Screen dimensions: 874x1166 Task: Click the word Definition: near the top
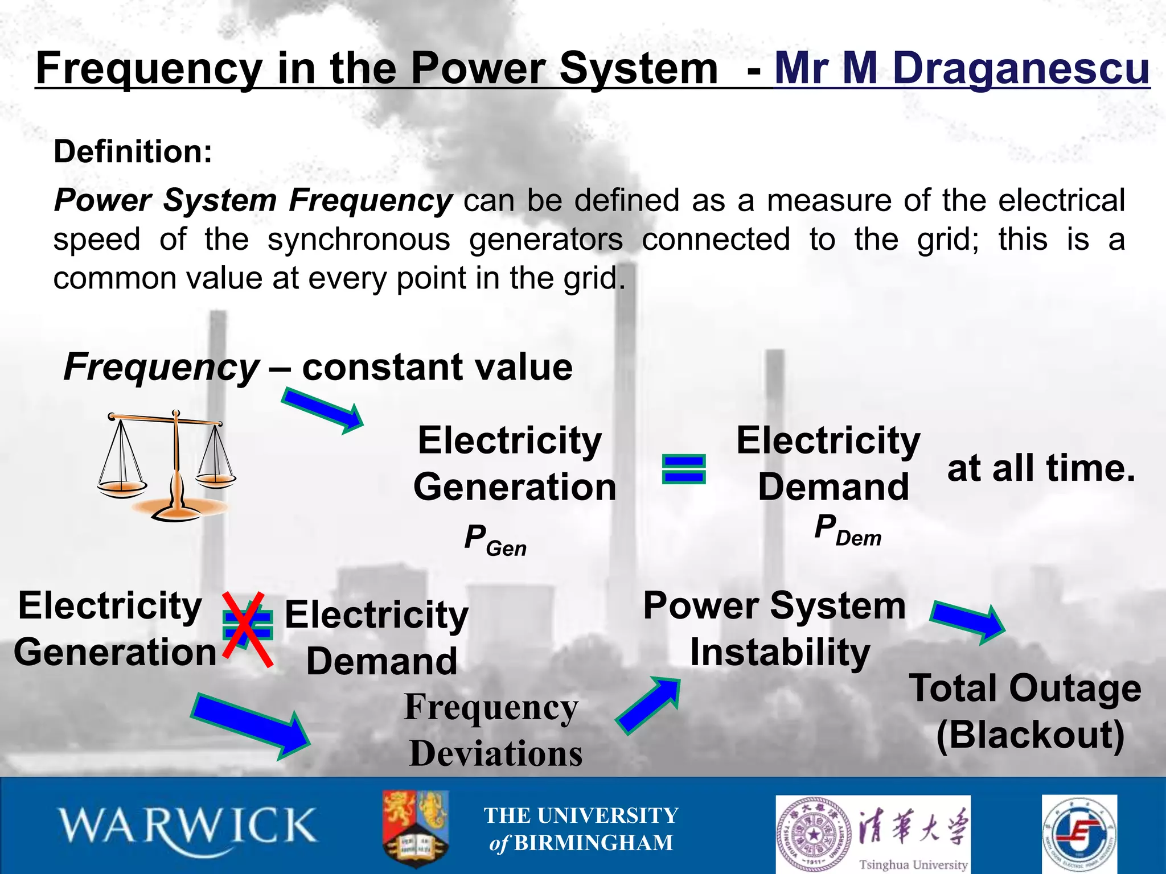click(133, 152)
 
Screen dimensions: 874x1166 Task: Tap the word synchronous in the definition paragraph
click(359, 240)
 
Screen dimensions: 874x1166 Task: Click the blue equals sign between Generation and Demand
click(684, 469)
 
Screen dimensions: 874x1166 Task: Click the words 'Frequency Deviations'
click(493, 731)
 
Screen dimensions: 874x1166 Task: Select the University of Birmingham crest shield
click(415, 827)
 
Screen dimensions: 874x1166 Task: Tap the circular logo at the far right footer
click(1079, 834)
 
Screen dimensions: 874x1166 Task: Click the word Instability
click(780, 652)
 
